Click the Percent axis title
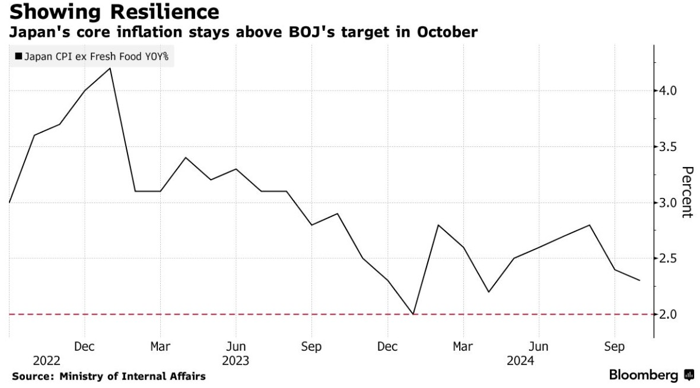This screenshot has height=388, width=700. click(x=687, y=193)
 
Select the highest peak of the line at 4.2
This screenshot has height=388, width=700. click(x=110, y=68)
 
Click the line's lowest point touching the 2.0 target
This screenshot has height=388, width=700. click(x=413, y=314)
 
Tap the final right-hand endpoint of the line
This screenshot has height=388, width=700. click(x=639, y=280)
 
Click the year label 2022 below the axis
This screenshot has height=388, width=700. click(x=46, y=361)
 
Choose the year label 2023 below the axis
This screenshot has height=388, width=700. click(x=236, y=361)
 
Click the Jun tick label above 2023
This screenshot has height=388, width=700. click(x=236, y=347)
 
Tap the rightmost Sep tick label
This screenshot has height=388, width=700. click(x=614, y=347)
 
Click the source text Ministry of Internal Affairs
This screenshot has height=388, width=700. click(x=109, y=376)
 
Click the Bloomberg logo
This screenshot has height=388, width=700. click(x=651, y=375)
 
